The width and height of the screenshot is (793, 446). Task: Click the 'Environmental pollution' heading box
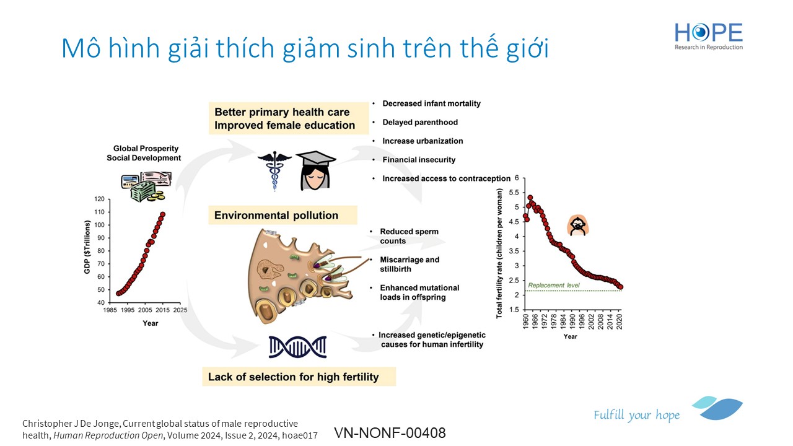click(283, 215)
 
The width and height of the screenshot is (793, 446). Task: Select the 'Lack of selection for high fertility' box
click(299, 377)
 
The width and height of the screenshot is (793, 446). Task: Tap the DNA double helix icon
click(297, 347)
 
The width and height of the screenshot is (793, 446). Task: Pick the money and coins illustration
click(146, 186)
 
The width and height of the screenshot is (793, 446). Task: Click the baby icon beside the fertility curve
click(578, 225)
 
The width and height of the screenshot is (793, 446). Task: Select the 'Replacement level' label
click(554, 286)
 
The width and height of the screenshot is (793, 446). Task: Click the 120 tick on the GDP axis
click(100, 199)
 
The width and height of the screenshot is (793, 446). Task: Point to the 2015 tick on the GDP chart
click(162, 310)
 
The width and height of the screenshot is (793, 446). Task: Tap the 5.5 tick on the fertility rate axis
click(514, 193)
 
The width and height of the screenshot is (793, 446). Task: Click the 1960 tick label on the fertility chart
click(526, 321)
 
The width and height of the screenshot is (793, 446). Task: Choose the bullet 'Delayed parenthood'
click(420, 122)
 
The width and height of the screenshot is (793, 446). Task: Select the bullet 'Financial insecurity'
click(419, 160)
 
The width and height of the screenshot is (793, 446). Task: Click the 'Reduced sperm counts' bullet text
click(410, 236)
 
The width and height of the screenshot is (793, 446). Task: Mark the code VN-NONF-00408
click(390, 433)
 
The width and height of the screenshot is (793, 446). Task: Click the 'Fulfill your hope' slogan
click(636, 415)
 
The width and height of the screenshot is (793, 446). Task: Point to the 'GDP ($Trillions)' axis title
click(87, 247)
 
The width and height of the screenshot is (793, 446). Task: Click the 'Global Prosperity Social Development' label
click(144, 153)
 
